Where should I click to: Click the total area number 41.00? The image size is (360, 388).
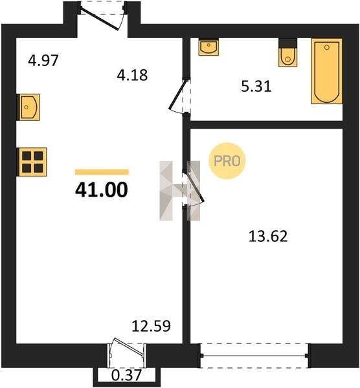click(102, 190)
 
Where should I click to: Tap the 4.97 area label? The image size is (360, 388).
click(43, 60)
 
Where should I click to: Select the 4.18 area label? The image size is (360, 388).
click(132, 75)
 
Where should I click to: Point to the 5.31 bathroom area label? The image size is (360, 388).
click(256, 87)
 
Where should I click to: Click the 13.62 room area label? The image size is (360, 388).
click(268, 236)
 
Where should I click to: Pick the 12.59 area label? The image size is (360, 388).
click(151, 326)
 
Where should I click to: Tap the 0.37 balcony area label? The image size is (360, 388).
click(126, 375)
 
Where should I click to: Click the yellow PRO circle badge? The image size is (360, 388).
click(227, 161)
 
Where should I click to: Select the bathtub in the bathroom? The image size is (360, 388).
click(327, 71)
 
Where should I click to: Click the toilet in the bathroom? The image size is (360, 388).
click(288, 53)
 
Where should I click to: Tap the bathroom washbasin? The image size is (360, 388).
click(208, 47)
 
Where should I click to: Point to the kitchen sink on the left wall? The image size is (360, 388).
click(28, 107)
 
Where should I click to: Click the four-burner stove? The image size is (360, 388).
click(32, 162)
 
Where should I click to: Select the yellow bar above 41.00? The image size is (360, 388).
click(102, 172)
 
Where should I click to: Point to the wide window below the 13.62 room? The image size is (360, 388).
click(255, 356)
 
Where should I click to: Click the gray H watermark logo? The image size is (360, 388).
click(180, 191)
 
